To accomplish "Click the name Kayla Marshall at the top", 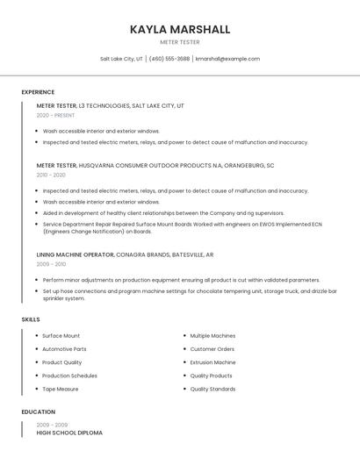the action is pos(180,30).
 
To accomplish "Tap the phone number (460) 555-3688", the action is pos(169,59).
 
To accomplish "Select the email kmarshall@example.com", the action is pos(227,59).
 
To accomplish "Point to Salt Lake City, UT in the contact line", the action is pos(121,59).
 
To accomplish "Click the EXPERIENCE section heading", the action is pos(38,92).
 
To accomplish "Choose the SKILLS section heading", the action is pos(31,319).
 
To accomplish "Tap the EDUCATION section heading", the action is pos(39,411).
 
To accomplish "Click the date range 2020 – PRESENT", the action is pos(55,115).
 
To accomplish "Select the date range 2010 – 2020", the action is pos(51,175).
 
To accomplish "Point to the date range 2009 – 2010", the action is pos(51,264).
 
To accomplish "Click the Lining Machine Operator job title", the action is pos(76,254).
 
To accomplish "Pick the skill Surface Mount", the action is pos(61,336).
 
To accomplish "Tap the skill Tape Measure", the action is pos(61,389).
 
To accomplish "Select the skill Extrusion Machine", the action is pos(212,362).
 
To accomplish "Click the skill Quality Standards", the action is pos(212,389).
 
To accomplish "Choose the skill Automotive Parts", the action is pos(64,349).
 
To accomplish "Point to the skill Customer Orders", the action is pos(212,349).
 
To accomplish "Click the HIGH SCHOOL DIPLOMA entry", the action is pos(69,433).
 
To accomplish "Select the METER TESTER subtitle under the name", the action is pos(180,42).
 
